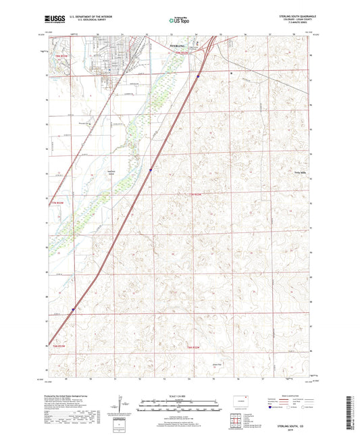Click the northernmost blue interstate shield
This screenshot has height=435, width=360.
(198, 76)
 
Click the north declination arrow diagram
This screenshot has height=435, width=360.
(122, 405)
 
